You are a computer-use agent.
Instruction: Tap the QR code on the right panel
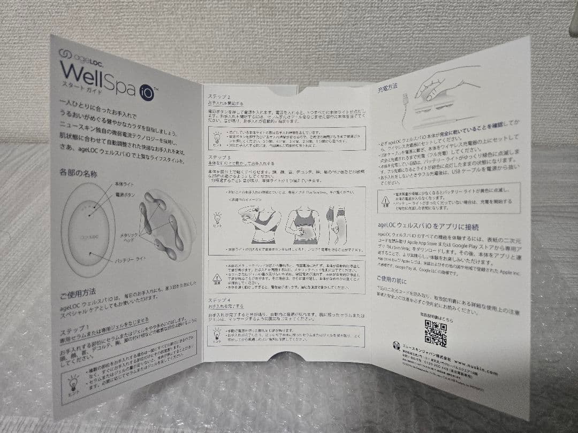[435, 334]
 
